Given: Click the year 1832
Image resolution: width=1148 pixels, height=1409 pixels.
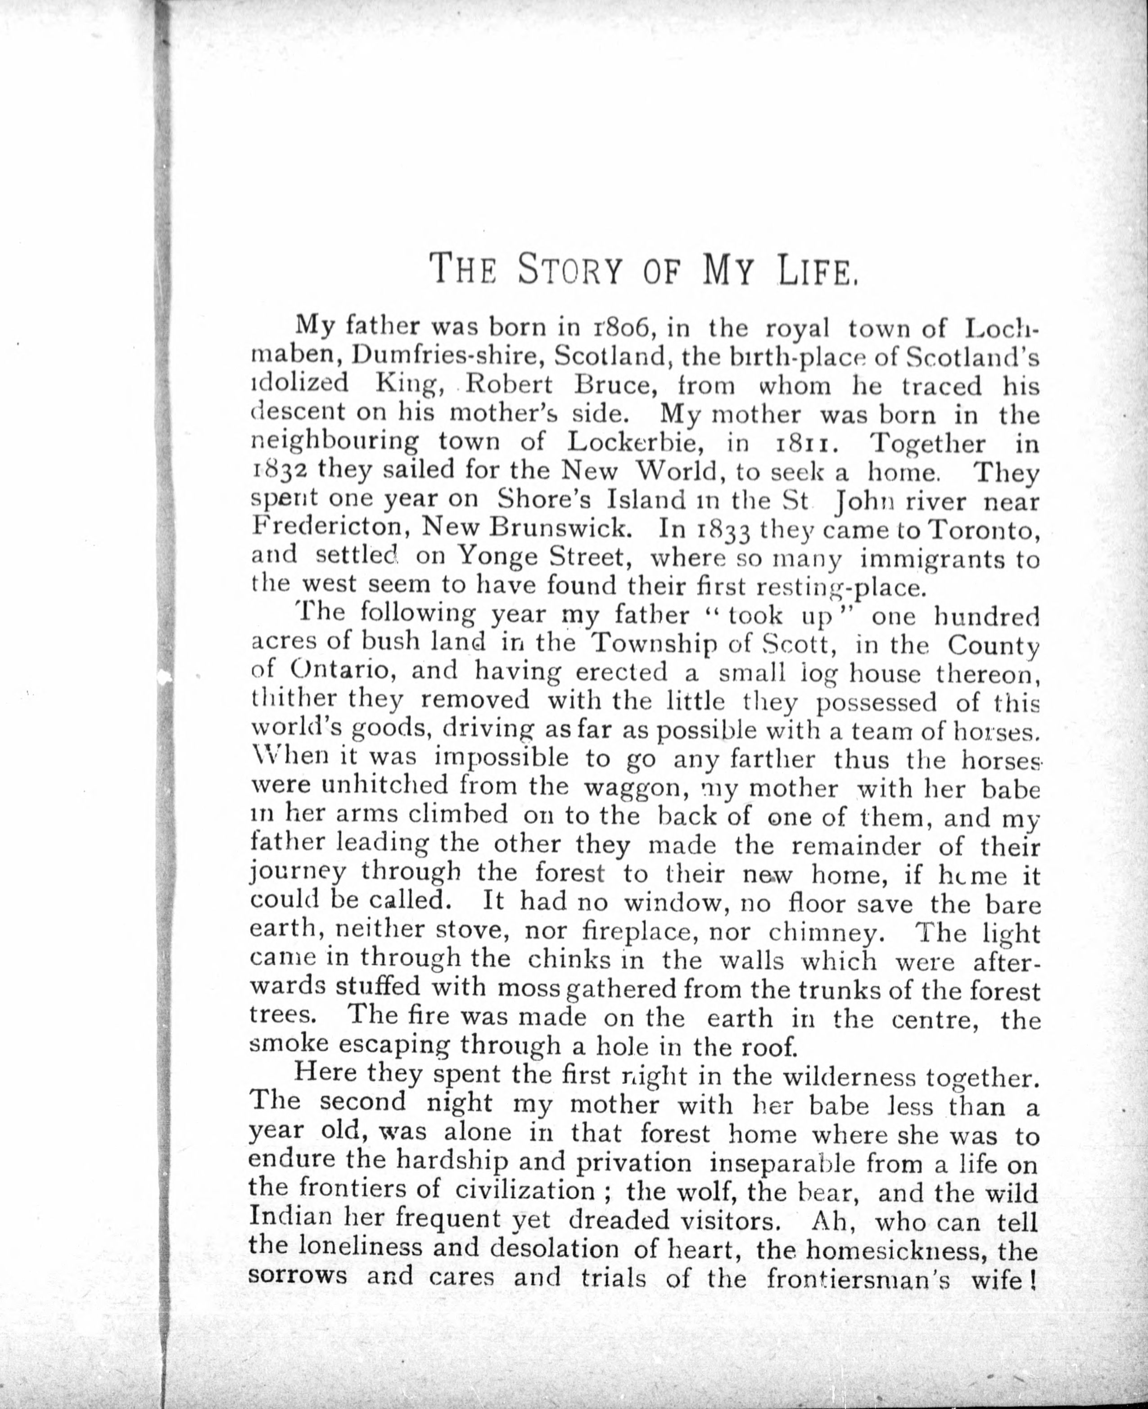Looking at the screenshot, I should [278, 471].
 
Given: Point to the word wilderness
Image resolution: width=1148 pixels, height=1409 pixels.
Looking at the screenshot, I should [849, 1076].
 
